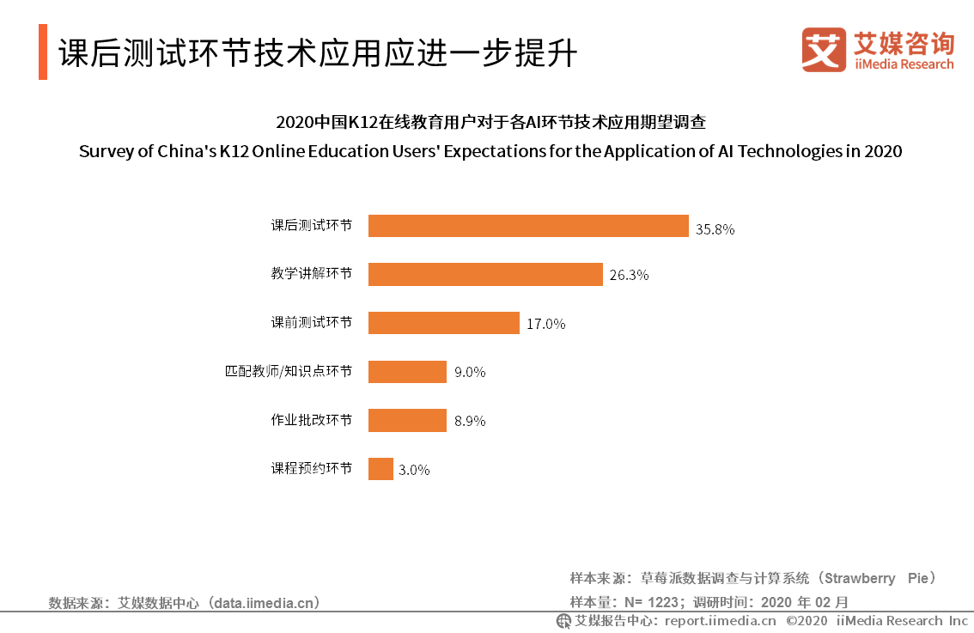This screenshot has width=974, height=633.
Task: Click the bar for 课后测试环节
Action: coord(528,226)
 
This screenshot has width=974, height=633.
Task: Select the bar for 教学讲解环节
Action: coord(485,274)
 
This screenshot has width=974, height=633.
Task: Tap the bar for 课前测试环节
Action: coord(444,323)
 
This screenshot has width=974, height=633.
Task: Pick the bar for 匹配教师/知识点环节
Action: coord(407,372)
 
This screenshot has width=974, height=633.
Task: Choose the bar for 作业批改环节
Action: coord(407,420)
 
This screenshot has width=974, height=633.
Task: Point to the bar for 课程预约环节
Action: coord(380,469)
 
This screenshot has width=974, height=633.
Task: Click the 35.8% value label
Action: coord(715,229)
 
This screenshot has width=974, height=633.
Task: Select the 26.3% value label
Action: coord(629,276)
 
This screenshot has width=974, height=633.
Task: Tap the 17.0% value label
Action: coord(546,325)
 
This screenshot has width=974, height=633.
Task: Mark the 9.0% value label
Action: coord(470,373)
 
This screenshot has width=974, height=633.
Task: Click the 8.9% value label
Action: coord(470,422)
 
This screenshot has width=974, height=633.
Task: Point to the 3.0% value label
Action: coord(413,471)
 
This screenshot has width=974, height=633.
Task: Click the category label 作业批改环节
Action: coord(311,420)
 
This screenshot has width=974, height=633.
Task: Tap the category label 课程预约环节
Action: coord(311,469)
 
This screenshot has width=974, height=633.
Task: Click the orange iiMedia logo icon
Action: coord(824,50)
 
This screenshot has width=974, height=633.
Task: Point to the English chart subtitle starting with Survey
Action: coord(490,151)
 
